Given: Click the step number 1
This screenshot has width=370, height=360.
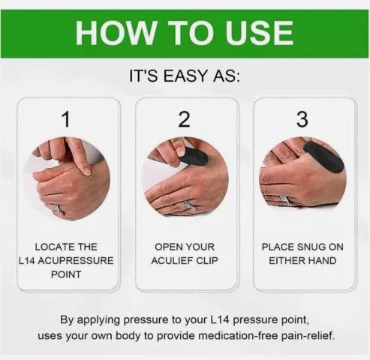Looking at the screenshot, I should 66,118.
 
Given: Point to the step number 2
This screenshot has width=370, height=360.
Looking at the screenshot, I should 185,118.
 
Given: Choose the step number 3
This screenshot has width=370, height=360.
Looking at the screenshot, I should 302,118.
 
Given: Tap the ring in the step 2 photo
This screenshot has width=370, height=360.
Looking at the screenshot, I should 188,205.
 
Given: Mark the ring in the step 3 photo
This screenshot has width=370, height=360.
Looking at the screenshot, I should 285,199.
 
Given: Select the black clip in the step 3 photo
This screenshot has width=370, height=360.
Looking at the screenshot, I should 323,156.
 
